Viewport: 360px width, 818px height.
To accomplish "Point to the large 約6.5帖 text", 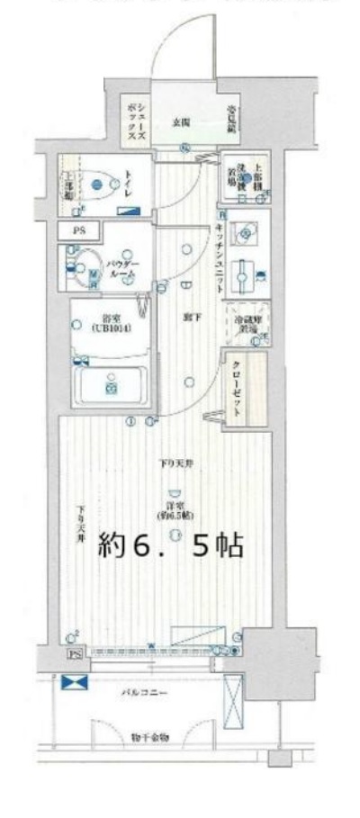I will [x=170, y=544].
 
